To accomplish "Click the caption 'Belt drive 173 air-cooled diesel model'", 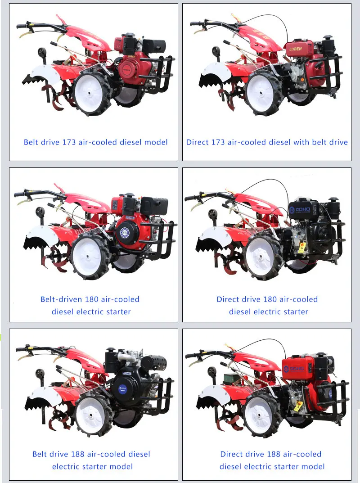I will pos(95,142).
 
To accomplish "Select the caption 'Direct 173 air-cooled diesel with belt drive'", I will pos(267,142).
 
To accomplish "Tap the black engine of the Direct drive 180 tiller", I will pos(310,225).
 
